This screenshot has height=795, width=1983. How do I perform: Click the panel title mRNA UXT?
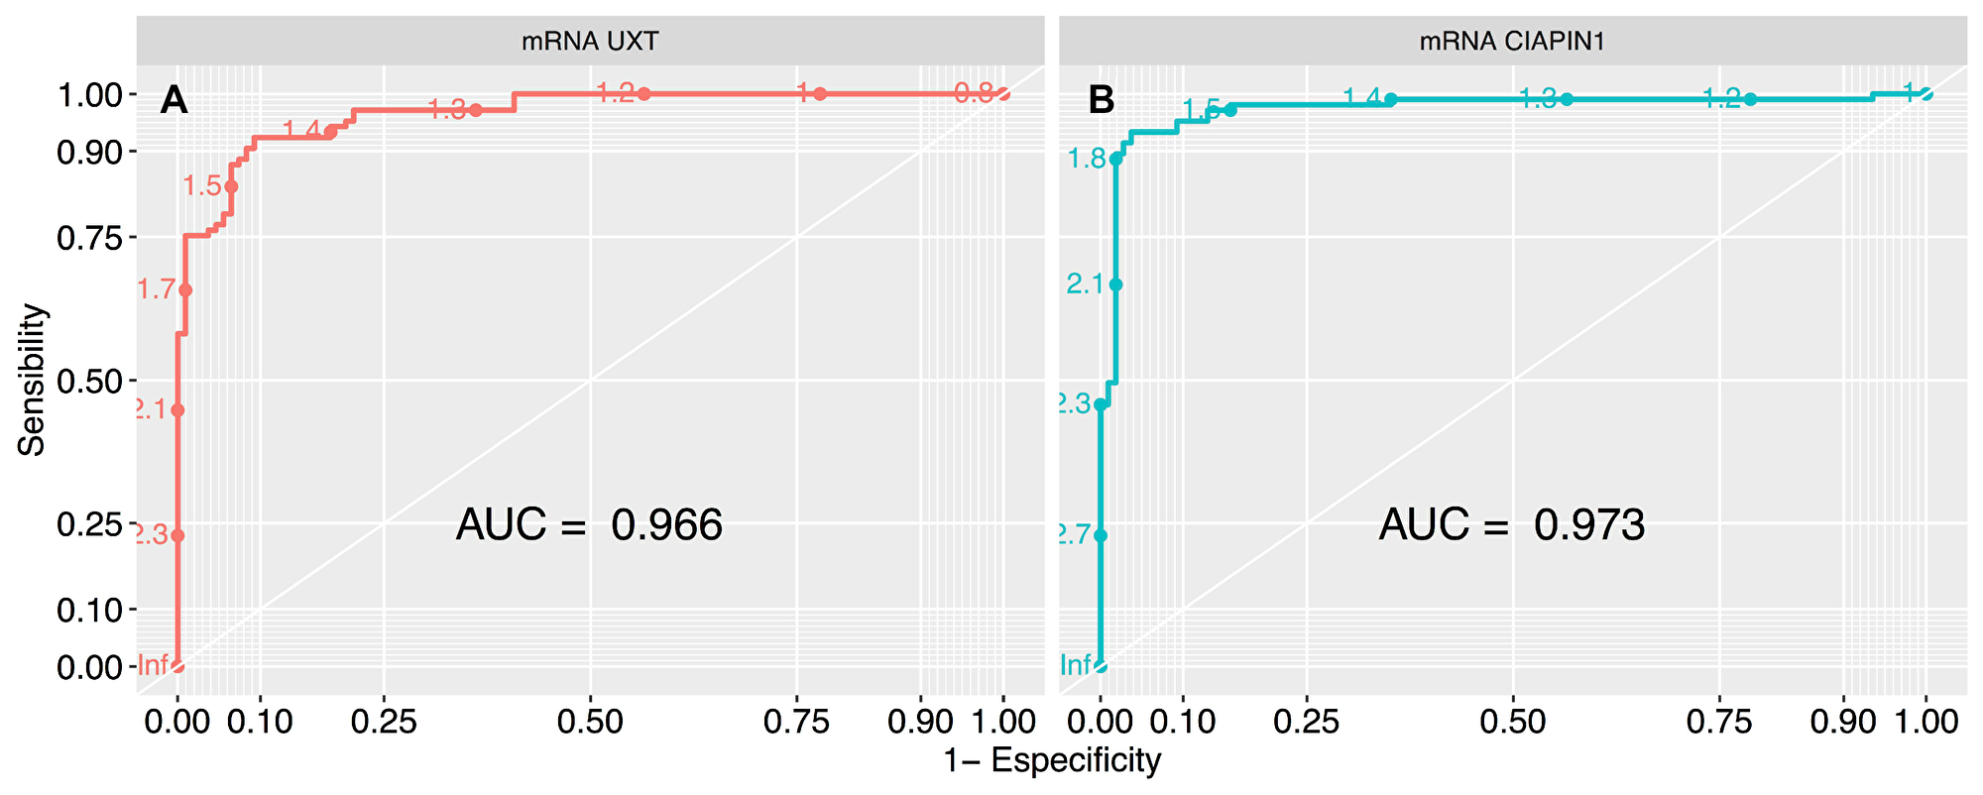click(590, 41)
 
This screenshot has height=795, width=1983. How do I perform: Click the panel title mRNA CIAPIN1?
click(1512, 41)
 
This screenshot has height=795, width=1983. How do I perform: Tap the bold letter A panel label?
click(174, 99)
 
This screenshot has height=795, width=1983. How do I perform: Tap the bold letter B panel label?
click(1101, 99)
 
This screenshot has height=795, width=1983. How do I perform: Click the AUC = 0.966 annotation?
click(589, 524)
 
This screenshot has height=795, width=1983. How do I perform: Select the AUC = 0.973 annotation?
click(1512, 524)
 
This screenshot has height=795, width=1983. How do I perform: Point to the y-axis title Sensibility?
click(32, 380)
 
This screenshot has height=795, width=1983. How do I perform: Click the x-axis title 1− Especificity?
click(1051, 761)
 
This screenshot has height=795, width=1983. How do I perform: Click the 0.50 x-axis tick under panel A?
click(590, 721)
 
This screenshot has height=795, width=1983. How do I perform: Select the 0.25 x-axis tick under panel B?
click(1306, 721)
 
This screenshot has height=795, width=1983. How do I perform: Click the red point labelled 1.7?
click(185, 289)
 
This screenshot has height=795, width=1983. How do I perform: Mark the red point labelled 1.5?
click(231, 186)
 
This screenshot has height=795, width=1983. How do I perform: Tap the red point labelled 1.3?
click(475, 110)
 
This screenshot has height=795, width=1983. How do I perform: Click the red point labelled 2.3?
click(177, 535)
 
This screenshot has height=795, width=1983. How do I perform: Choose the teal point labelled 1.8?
click(1116, 159)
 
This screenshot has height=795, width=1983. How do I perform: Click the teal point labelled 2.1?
click(1115, 284)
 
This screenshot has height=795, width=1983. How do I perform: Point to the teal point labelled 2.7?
click(1100, 535)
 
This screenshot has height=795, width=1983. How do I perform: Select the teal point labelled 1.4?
click(1390, 99)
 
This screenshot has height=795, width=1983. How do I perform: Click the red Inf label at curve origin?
click(154, 665)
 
